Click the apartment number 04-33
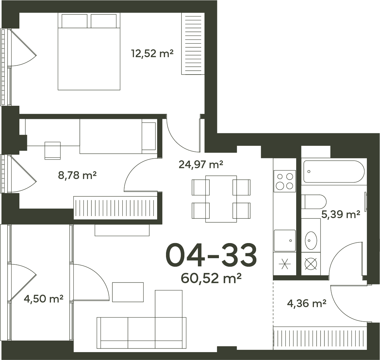(x=211, y=256)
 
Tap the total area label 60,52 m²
(x=211, y=278)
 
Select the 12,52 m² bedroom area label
(x=152, y=53)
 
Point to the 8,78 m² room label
(x=77, y=175)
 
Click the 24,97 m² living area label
(x=201, y=165)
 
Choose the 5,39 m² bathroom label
(x=341, y=214)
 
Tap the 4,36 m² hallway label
(x=307, y=303)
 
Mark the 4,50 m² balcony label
(x=44, y=299)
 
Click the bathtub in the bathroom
(x=334, y=171)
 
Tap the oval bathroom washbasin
(x=311, y=240)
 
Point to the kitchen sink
(x=285, y=241)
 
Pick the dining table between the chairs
(x=221, y=199)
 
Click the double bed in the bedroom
(x=89, y=52)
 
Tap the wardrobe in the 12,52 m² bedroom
(x=193, y=44)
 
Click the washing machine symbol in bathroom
(x=311, y=264)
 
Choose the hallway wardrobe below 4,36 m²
(x=320, y=338)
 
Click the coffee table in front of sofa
(x=128, y=292)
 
